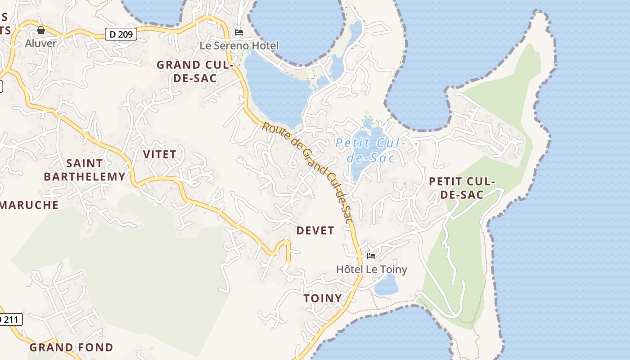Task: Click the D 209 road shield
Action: (121, 34)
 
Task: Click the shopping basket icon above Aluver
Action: (41, 30)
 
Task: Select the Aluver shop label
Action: (41, 44)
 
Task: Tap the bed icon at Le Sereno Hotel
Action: (239, 32)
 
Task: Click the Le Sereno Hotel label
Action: (239, 45)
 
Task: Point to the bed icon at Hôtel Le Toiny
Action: (371, 256)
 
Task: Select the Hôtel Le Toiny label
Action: (372, 270)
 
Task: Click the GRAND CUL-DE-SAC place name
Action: (195, 72)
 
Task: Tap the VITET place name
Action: (160, 154)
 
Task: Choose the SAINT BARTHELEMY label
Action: (85, 170)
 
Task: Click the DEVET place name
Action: (315, 231)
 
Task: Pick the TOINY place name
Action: (323, 298)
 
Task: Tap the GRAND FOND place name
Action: (72, 347)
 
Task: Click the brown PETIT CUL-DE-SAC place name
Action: (462, 188)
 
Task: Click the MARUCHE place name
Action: (29, 205)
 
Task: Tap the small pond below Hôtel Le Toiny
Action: (387, 285)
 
